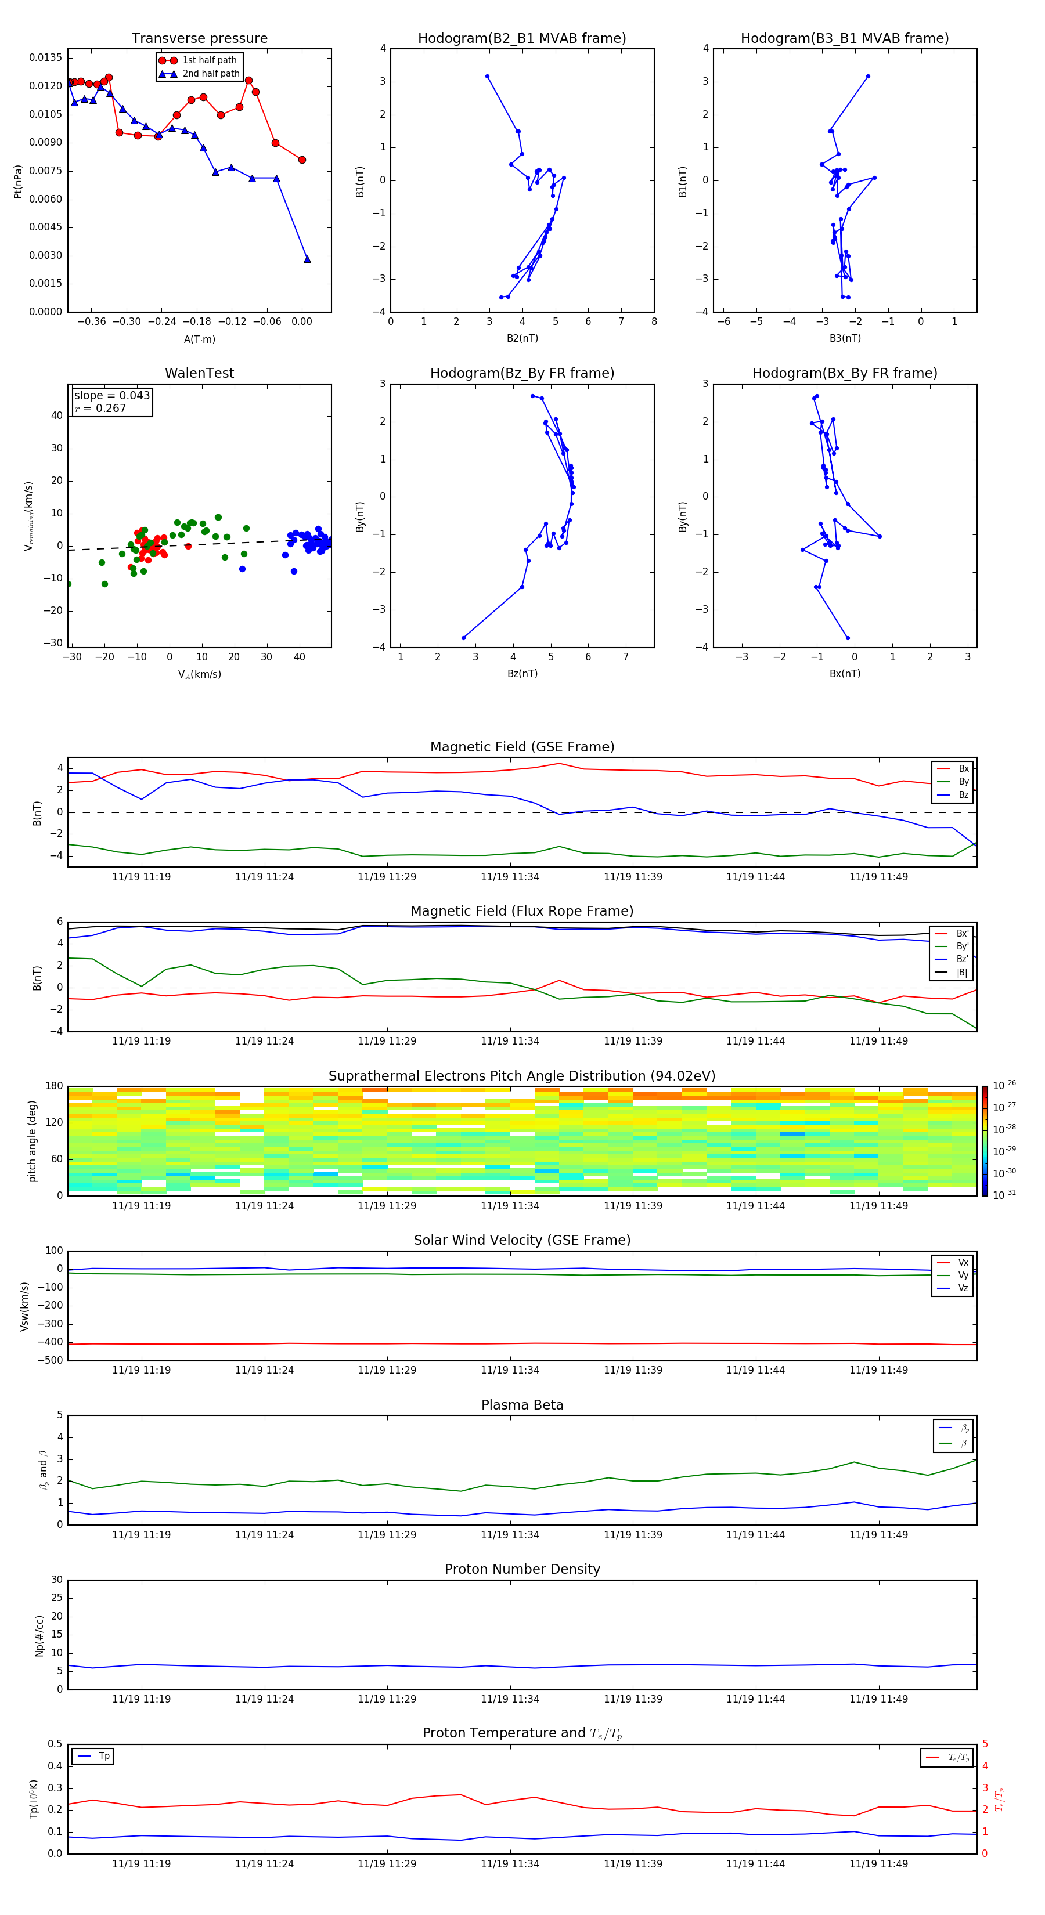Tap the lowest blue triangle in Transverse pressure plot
[x=307, y=259]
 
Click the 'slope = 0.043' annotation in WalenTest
[x=111, y=396]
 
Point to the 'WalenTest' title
[x=199, y=373]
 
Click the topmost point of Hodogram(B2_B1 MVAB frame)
[x=487, y=77]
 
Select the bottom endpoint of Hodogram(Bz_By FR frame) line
[x=463, y=638]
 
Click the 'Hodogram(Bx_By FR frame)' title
[x=844, y=373]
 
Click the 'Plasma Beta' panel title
[x=521, y=1405]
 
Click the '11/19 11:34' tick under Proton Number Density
[x=510, y=1699]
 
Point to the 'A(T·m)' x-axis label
[x=199, y=339]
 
